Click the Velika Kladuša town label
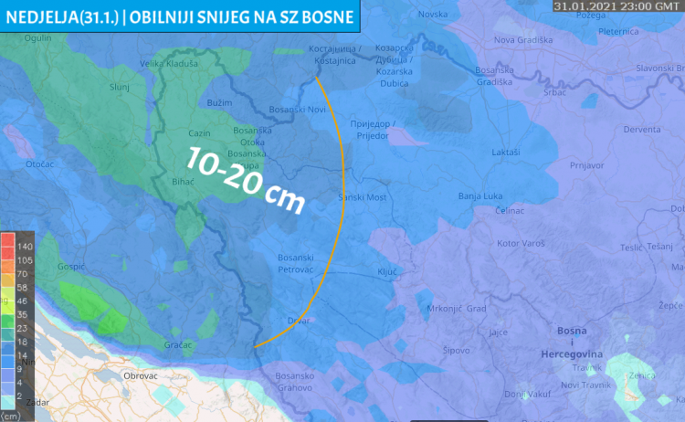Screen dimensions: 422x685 pos(166,63)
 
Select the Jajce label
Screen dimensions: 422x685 pos(498,332)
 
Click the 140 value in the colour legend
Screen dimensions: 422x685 pos(25,247)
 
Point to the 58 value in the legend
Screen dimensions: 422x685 pos(22,287)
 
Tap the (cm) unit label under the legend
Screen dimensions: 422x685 pos(12,417)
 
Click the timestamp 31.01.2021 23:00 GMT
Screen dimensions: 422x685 pos(615,5)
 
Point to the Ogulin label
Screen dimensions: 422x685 pos(38,37)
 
